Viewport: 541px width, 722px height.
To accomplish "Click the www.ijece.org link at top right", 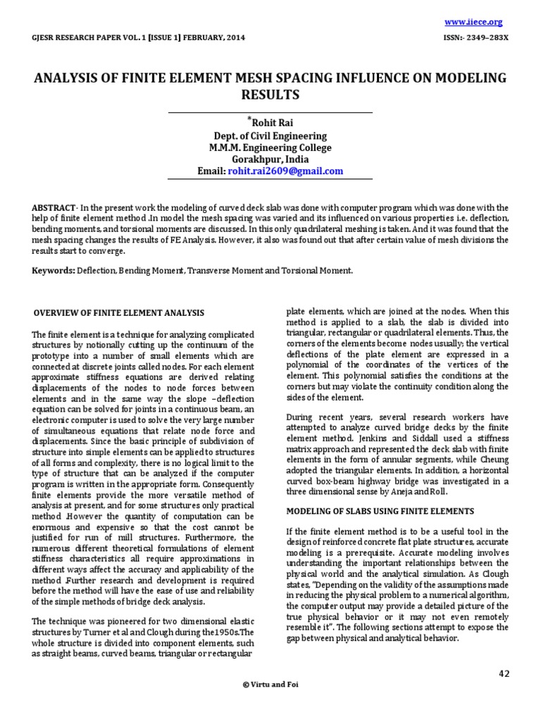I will tap(483, 22).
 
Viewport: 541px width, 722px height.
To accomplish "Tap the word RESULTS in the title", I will tap(270, 94).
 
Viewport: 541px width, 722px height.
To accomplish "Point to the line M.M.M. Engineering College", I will tap(270, 148).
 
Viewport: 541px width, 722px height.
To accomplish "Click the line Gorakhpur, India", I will tap(270, 159).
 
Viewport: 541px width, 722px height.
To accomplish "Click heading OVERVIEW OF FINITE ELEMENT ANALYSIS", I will tap(120, 312).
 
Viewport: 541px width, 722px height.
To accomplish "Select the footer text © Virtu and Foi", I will tap(270, 685).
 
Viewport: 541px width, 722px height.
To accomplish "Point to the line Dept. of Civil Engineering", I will tap(270, 136).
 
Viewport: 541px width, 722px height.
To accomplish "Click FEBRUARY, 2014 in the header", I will tap(216, 38).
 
